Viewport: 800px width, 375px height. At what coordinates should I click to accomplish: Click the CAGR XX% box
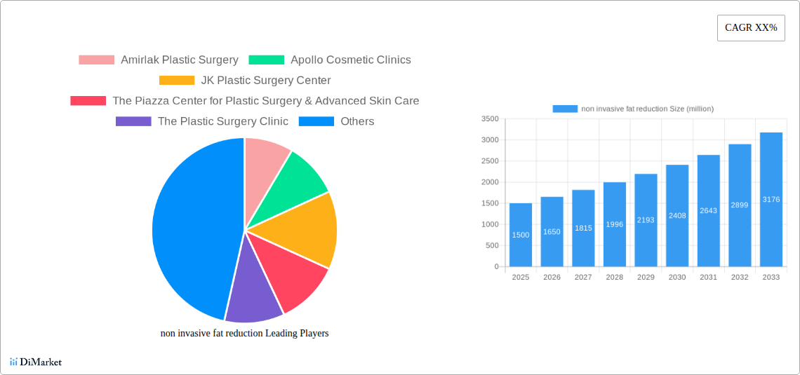point(751,28)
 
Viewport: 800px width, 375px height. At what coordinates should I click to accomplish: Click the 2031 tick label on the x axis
point(709,278)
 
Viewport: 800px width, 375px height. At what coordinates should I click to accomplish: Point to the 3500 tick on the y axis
point(490,119)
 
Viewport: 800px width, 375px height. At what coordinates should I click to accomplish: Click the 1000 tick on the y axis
point(490,224)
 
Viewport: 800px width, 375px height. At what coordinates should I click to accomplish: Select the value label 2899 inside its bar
point(740,205)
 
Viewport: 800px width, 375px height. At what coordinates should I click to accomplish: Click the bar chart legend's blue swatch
point(565,109)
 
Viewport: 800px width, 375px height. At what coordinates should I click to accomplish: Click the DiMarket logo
point(36,362)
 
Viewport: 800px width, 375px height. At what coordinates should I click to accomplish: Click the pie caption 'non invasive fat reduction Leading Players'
point(244,334)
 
